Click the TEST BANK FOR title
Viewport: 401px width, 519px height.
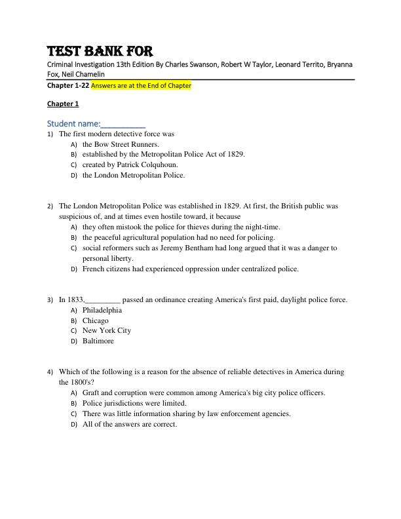click(100, 52)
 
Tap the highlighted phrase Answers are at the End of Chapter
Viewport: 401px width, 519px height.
click(141, 86)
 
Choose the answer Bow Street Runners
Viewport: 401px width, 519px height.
click(126, 144)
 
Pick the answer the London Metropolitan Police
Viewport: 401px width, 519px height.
click(133, 176)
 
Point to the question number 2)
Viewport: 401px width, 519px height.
click(50, 206)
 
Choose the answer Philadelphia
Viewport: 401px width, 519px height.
click(102, 310)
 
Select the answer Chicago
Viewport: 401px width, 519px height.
click(95, 320)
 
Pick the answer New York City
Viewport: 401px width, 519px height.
click(106, 331)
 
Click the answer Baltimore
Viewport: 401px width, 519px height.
click(98, 341)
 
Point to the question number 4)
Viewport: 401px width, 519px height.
click(50, 372)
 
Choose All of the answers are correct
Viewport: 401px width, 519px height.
click(129, 424)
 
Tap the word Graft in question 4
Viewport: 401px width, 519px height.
click(91, 393)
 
